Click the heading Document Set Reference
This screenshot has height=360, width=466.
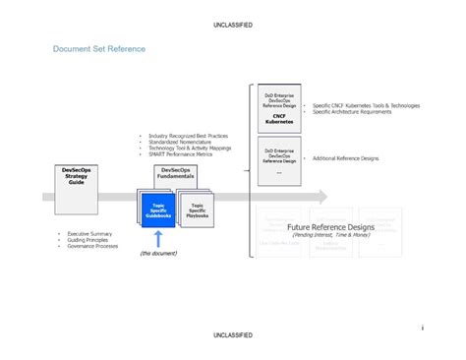[99, 48]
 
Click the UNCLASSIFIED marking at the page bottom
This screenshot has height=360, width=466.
[232, 335]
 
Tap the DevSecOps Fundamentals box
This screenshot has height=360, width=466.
[183, 175]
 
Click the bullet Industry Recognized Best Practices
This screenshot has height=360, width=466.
[188, 136]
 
